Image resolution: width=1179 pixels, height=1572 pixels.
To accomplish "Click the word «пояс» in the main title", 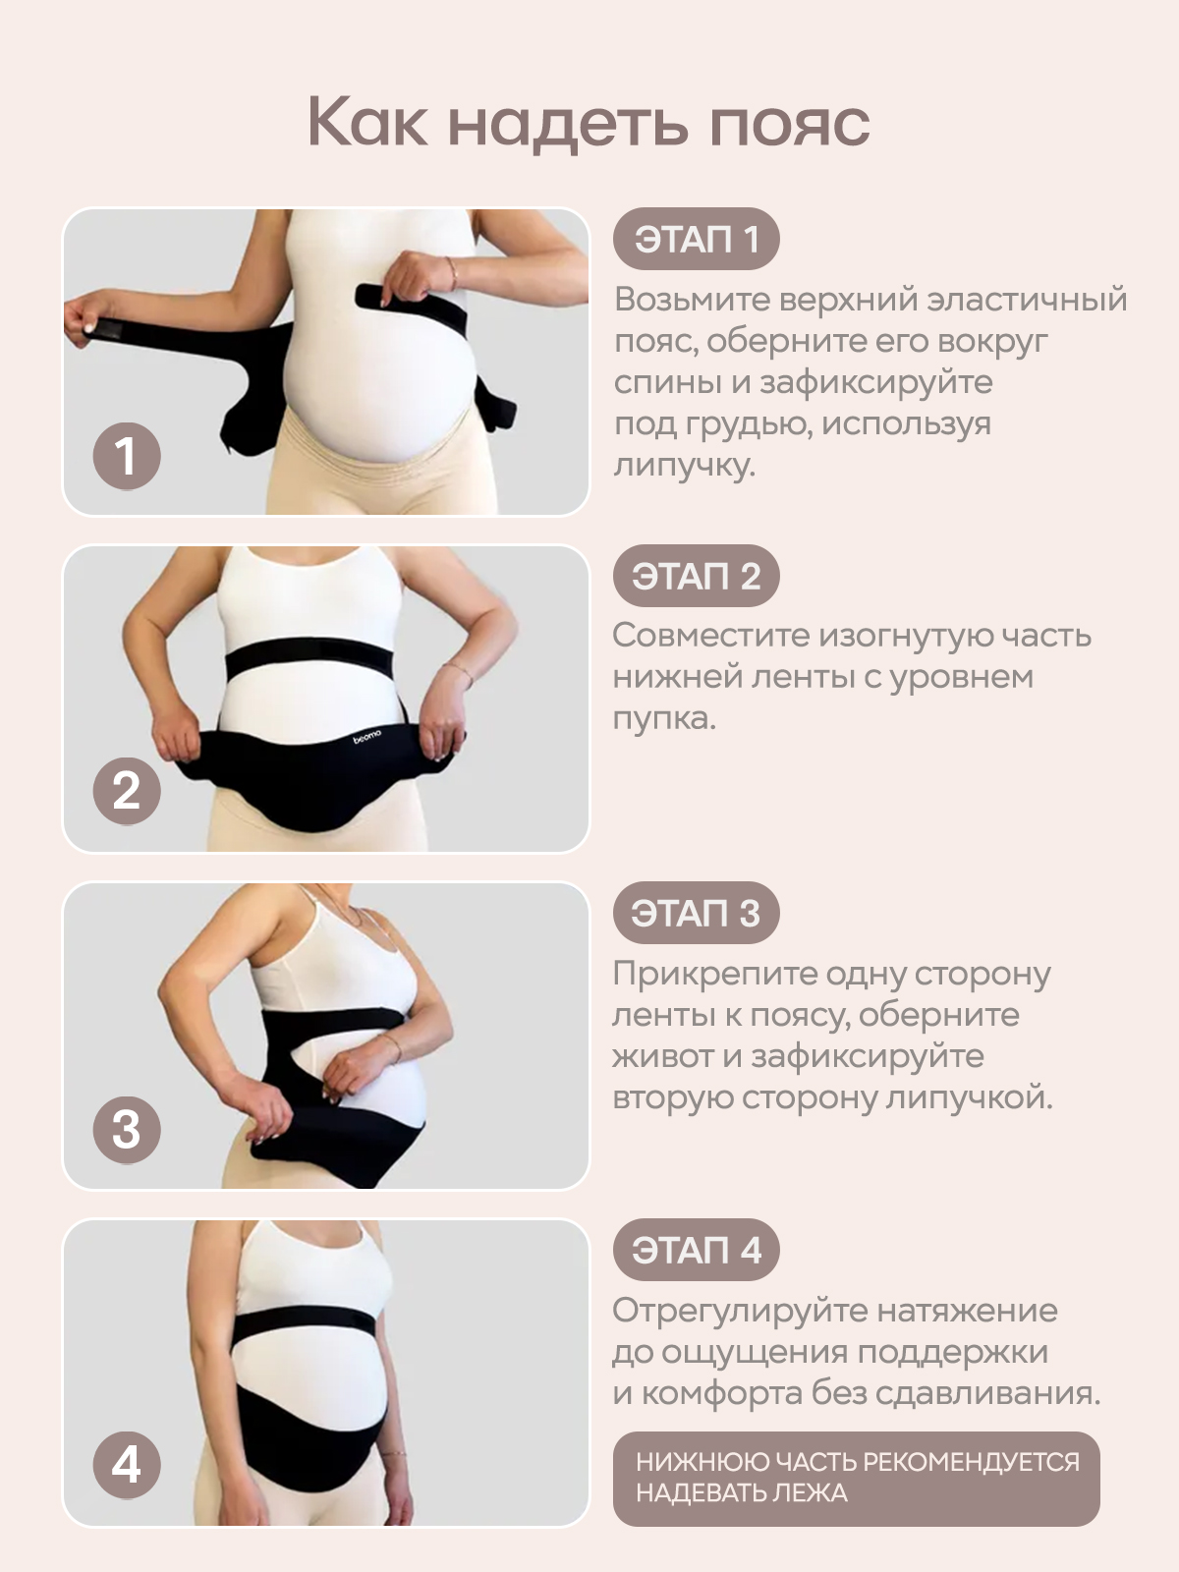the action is (x=790, y=123).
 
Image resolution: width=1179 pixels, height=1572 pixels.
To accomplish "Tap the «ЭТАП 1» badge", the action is (x=696, y=239).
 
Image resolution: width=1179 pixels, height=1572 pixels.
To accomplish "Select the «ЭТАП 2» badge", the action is (x=696, y=576).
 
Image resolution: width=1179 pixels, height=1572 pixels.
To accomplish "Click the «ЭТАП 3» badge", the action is (x=696, y=913).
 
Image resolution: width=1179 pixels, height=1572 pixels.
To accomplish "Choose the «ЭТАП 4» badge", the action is (x=696, y=1251).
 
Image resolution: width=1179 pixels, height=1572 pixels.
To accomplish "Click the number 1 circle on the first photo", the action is (x=127, y=456).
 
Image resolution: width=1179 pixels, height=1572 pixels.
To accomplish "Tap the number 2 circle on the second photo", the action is (x=127, y=791).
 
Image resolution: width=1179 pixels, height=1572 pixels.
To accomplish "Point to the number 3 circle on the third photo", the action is (x=127, y=1130).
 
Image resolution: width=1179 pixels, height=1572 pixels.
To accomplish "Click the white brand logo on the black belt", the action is (x=367, y=736).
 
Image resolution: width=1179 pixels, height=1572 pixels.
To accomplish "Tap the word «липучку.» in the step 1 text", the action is (x=685, y=466).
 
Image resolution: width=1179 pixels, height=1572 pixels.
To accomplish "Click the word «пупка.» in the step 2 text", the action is (x=664, y=719).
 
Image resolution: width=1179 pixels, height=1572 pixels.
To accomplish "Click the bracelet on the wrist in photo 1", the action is (x=452, y=273).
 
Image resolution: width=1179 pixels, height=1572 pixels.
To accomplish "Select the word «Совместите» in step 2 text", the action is (x=710, y=636).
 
